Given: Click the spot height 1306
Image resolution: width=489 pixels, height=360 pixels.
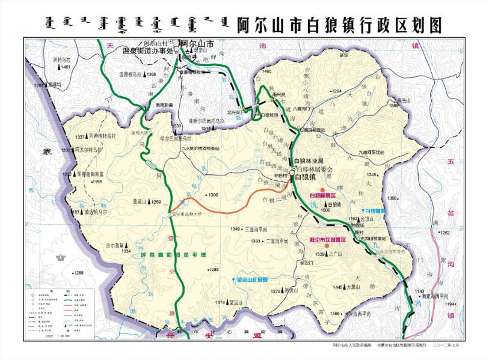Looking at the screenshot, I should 213,195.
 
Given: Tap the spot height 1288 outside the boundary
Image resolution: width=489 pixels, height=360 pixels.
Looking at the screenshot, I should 79,273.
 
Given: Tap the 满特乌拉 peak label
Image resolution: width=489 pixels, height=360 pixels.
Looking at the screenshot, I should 61,60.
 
